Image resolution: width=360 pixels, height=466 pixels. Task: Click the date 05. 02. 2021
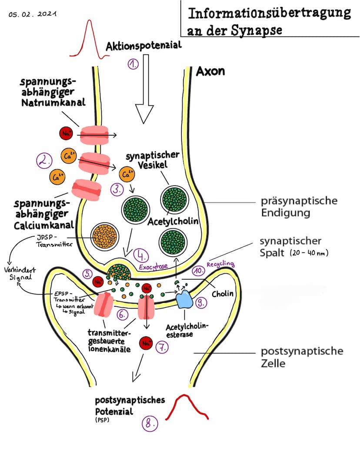click(32, 14)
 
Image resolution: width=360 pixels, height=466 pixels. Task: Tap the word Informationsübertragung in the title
click(269, 13)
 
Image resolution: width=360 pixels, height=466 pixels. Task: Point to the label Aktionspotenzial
click(143, 45)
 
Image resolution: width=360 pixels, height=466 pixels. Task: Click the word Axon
click(210, 71)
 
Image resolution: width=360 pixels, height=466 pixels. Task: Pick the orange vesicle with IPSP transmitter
click(103, 238)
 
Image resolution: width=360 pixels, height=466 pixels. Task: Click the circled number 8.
click(150, 423)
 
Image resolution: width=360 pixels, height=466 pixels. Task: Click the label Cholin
click(223, 294)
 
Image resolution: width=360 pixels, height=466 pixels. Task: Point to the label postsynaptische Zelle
click(302, 357)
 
